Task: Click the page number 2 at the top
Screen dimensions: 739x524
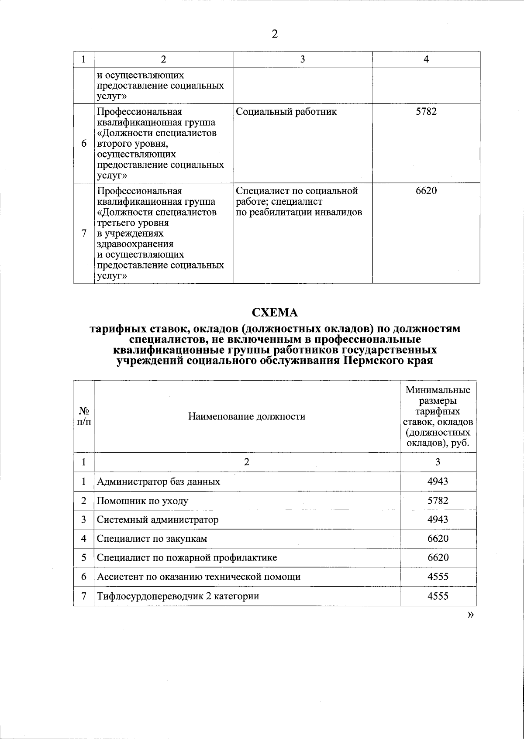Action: point(274,34)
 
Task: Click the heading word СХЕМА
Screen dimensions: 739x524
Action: point(275,313)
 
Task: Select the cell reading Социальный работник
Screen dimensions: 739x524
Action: point(286,112)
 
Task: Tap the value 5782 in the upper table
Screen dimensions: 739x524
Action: point(426,112)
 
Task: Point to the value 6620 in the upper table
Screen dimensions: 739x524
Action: point(426,191)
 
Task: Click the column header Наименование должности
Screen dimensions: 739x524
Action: point(247,416)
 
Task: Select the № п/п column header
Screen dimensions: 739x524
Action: point(84,416)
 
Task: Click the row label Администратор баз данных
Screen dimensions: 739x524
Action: point(159,482)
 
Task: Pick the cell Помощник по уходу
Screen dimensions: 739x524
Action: point(142,501)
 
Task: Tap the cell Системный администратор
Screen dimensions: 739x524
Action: point(158,520)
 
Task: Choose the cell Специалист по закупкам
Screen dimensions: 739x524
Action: point(152,539)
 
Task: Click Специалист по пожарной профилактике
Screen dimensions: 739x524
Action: point(187,558)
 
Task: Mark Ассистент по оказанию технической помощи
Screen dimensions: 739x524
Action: point(199,577)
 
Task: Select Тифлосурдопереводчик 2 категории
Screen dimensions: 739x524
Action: point(178,596)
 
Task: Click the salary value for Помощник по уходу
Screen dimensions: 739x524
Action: point(438,501)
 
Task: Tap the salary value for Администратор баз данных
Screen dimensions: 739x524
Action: point(438,482)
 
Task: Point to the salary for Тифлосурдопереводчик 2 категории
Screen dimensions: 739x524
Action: point(438,596)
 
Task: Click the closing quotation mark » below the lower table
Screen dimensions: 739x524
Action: point(470,615)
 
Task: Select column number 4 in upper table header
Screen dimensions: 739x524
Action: point(426,59)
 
